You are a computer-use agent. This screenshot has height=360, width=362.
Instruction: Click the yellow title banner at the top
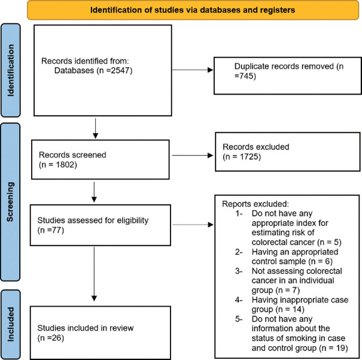coord(193,10)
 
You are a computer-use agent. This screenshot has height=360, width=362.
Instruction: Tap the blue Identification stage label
coord(11,70)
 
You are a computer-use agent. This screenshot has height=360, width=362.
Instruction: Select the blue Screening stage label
coord(10,202)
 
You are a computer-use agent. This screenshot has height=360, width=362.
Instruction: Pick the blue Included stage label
coord(11,325)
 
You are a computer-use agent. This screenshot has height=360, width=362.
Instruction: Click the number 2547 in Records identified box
coord(120,71)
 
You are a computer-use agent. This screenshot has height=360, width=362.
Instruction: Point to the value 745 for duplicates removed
coord(247,76)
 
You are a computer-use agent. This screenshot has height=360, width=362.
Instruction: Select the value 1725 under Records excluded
coord(249,157)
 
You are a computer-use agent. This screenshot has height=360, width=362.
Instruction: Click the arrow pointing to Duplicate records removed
coord(193,69)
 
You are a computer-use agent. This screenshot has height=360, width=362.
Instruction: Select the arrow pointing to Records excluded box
coord(193,156)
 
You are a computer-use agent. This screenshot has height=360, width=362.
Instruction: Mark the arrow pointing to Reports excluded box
coord(193,225)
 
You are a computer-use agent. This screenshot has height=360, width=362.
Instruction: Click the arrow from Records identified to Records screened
coord(95,128)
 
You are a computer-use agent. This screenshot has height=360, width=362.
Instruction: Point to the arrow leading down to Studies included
coord(94,274)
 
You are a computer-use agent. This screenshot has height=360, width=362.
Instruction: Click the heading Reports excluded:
coord(255,204)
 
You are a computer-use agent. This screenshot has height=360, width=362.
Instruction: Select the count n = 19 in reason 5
coord(334,348)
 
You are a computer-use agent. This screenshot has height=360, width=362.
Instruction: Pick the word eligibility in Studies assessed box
coord(132,220)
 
